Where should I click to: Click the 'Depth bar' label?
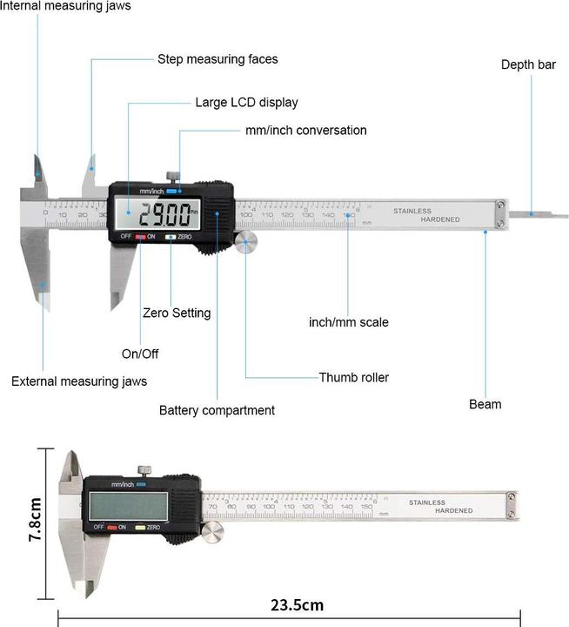pos(527,64)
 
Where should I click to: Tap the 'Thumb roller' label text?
pos(353,377)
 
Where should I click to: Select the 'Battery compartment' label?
pos(217,410)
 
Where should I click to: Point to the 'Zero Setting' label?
pos(177,313)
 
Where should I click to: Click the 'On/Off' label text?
pos(140,354)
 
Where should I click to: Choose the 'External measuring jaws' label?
pos(79,381)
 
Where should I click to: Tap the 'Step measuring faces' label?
pos(218,59)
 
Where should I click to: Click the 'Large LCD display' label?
pos(246,102)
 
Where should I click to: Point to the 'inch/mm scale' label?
pos(349,322)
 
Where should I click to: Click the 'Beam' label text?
pos(485,404)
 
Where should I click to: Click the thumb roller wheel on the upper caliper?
pos(245,241)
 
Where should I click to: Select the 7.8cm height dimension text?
pos(36,520)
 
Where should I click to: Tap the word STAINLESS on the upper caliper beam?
pos(412,211)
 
